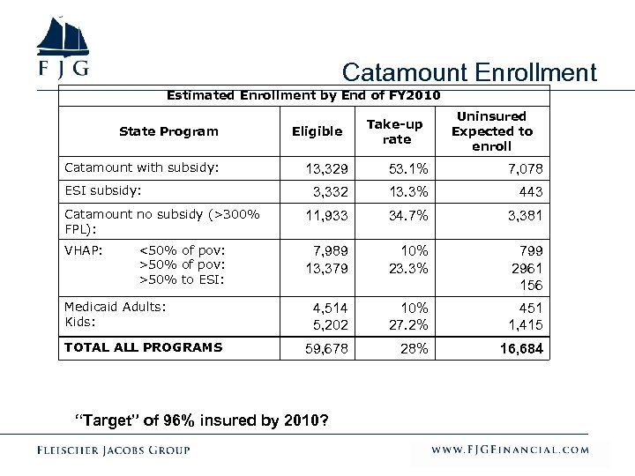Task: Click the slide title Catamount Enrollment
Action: pos(469,72)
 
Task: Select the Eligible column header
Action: pos(317,131)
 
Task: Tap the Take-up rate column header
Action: pos(397,132)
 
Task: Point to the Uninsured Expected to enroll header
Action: pos(492,131)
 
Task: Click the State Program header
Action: pos(168,131)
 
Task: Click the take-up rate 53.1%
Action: pos(407,168)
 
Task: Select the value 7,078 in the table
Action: pos(525,168)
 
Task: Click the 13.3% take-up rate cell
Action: pos(407,192)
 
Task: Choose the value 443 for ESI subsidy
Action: pos(532,192)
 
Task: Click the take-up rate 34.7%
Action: pos(407,215)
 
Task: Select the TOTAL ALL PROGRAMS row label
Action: pos(143,347)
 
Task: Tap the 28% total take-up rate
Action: pos(413,350)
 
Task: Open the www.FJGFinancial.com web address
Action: pos(510,450)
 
